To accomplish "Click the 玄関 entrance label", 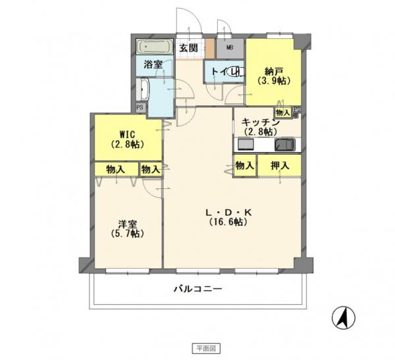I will [x=188, y=48].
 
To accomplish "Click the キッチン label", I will [x=261, y=122].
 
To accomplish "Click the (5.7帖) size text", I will [x=128, y=234].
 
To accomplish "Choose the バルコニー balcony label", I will [x=197, y=288].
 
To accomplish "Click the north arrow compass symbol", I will [x=343, y=318].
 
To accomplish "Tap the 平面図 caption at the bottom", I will [x=197, y=347].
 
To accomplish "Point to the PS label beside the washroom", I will [x=140, y=107].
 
